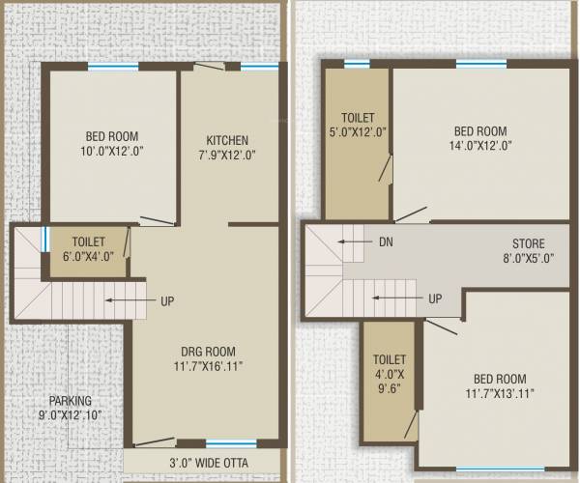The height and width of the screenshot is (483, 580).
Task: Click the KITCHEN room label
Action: pyautogui.click(x=227, y=140)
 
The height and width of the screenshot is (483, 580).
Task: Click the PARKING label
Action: pyautogui.click(x=72, y=401)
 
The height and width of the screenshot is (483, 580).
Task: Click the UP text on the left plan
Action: pyautogui.click(x=167, y=300)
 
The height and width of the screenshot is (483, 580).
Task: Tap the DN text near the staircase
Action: pyautogui.click(x=386, y=241)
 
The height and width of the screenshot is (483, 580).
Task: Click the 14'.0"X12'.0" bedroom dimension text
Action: pyautogui.click(x=479, y=147)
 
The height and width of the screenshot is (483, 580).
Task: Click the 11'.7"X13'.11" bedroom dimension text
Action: pyautogui.click(x=499, y=393)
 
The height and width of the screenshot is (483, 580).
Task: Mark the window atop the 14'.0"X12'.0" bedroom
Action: pyautogui.click(x=480, y=65)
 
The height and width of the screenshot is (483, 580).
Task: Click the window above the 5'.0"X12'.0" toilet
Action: pyautogui.click(x=357, y=65)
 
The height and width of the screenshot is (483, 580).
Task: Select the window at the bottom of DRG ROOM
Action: pyautogui.click(x=231, y=443)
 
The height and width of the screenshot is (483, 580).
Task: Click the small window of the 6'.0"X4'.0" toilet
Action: pyautogui.click(x=44, y=239)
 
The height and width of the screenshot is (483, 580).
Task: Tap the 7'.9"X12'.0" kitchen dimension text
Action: pyautogui.click(x=227, y=155)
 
